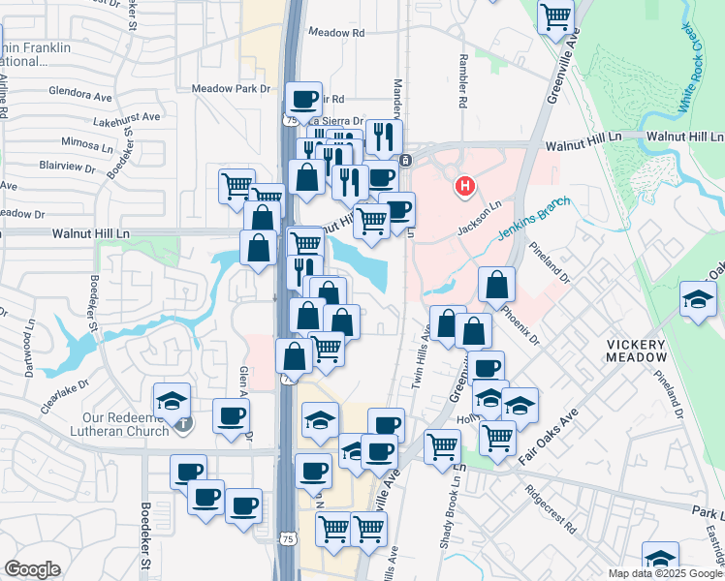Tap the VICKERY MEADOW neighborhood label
[x=637, y=351]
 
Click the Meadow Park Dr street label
[x=231, y=89]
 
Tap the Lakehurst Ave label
[x=126, y=117]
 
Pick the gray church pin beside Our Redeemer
[x=183, y=423]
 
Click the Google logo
[x=32, y=569]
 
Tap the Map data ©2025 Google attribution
[x=665, y=573]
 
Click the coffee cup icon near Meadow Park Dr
[x=303, y=98]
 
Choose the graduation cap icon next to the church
[x=172, y=400]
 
